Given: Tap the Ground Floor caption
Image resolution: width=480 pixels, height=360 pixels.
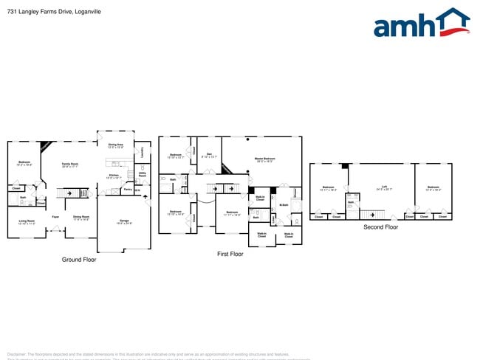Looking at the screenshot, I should (78, 260).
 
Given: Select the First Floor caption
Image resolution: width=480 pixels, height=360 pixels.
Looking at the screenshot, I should (230, 253).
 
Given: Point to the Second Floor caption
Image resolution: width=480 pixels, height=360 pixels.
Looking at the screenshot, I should (380, 227).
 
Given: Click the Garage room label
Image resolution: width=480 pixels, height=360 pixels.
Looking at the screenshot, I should (125, 221).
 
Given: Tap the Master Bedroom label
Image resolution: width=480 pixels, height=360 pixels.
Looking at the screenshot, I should (264, 159).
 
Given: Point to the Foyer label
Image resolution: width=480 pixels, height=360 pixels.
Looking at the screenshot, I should (55, 216).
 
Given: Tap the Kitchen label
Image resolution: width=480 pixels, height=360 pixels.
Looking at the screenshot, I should (114, 176).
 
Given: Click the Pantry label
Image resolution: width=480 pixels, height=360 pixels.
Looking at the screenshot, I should (128, 190).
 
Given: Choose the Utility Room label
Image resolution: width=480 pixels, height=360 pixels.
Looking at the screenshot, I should (143, 174).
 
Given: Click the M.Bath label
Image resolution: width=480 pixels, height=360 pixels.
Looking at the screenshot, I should (283, 205).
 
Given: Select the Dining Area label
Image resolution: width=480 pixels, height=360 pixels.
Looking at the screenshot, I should (116, 145).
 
